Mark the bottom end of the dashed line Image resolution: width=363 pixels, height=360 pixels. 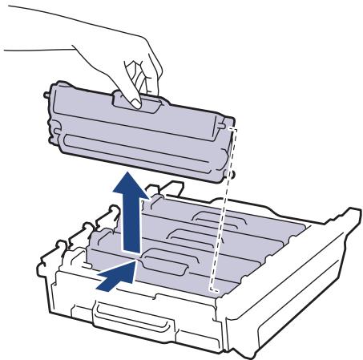(213, 289)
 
